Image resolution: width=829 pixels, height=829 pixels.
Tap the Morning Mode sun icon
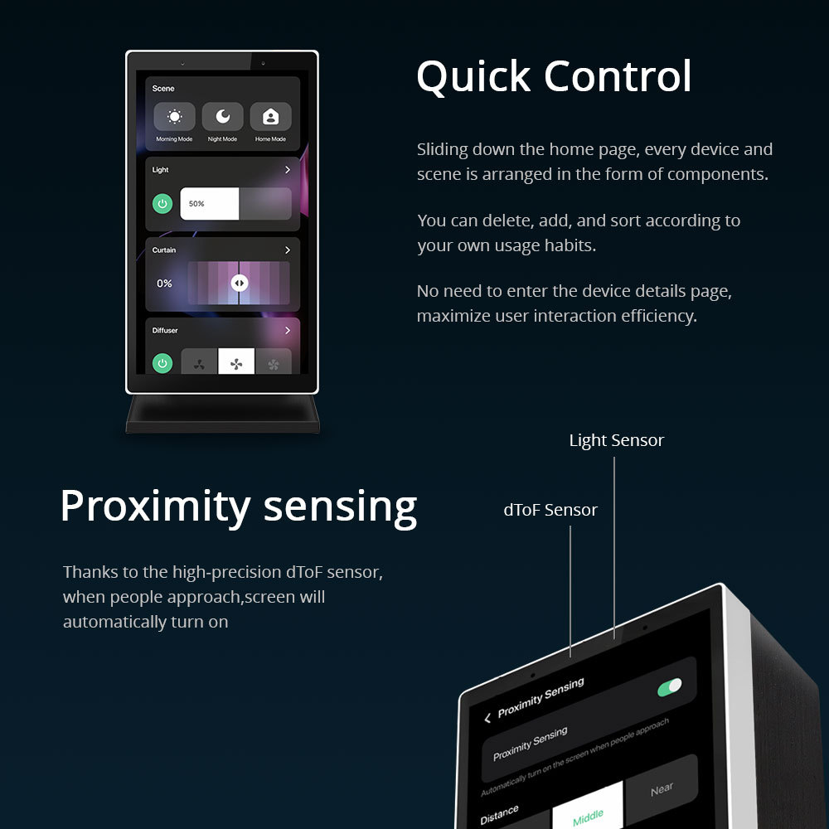coord(174,117)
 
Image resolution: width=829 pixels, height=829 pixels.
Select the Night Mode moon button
coord(222,117)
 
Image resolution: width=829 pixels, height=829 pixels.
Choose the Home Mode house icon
coord(270,117)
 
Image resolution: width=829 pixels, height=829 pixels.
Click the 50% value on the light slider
coord(196,203)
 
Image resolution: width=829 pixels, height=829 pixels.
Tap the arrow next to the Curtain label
coord(288,250)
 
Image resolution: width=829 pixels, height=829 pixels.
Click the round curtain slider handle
coord(239,283)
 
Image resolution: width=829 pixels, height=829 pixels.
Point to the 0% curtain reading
coord(165,284)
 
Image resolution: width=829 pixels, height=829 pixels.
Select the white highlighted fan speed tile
coord(236,362)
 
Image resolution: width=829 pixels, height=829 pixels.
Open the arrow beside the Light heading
coord(288,169)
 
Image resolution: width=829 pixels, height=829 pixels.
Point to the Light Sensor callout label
coord(616,440)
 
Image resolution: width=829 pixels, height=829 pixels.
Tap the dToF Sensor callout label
coord(550,510)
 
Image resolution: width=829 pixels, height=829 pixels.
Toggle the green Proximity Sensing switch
coord(669,687)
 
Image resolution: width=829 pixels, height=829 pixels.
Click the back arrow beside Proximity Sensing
coord(487,718)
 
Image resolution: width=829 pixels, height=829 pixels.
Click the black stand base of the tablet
coord(222,414)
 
